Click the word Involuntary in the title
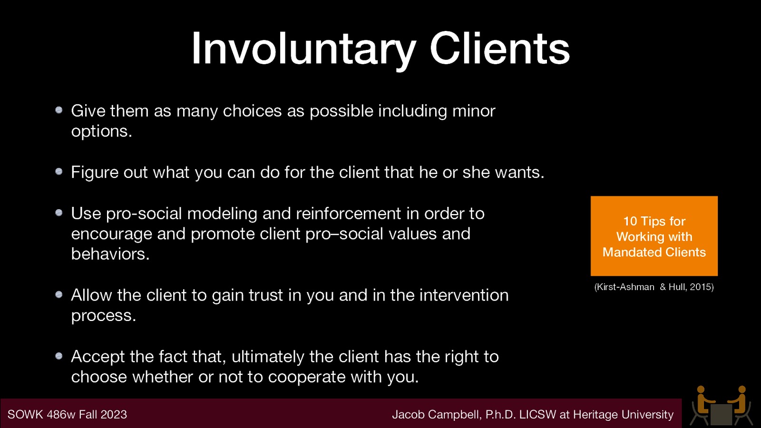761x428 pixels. coord(303,49)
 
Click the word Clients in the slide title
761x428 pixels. coord(499,49)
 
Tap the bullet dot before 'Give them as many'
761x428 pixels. coord(59,110)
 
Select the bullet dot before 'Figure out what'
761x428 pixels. coord(59,172)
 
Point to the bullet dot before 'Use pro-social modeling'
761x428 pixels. coord(59,213)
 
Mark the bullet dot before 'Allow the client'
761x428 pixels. coord(59,295)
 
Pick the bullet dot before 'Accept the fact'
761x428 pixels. coord(59,356)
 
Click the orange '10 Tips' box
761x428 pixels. coord(654,236)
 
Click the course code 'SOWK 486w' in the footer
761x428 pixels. coord(41,415)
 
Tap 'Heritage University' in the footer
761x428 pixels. coord(623,415)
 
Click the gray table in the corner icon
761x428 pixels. coord(721,414)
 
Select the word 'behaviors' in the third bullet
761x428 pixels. coord(108,254)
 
